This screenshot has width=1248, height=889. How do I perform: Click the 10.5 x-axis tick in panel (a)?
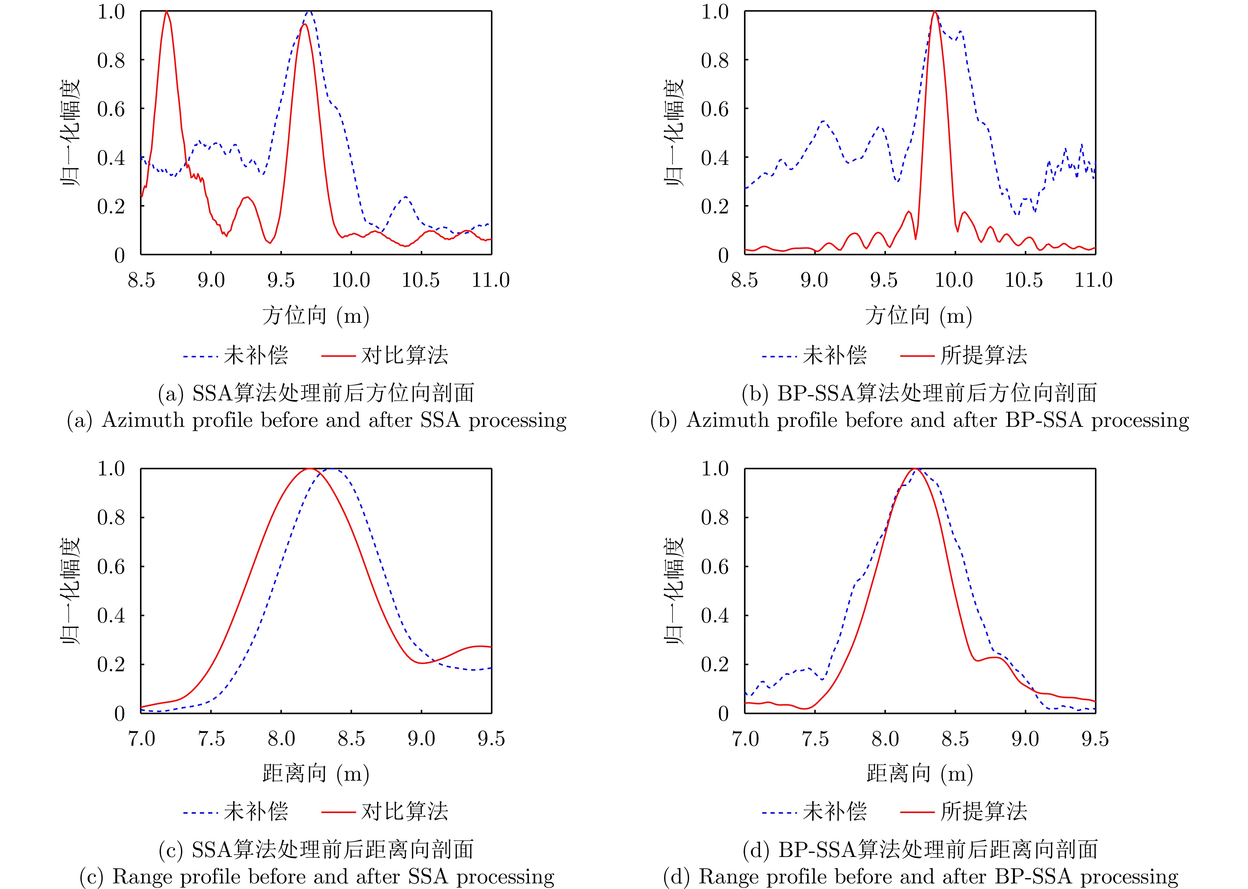point(420,280)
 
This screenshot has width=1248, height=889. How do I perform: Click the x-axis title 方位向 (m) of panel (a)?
point(316,316)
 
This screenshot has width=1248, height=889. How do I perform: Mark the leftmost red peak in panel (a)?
point(166,12)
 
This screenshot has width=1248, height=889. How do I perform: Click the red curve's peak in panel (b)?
point(934,12)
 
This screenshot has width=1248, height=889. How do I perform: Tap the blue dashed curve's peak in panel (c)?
point(332,469)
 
